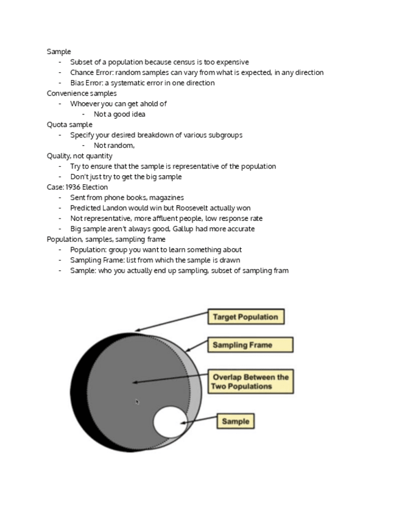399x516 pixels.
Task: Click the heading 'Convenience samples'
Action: (82, 93)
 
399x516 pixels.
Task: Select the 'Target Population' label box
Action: (245, 317)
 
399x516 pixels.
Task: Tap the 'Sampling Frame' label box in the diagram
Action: (250, 345)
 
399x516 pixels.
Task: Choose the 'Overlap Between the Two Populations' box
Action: (250, 382)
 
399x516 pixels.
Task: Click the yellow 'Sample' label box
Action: (235, 421)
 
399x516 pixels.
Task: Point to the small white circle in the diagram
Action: (170, 423)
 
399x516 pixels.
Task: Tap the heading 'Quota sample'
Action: (69, 125)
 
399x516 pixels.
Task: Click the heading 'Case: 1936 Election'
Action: (77, 187)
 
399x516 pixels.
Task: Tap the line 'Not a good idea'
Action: (119, 114)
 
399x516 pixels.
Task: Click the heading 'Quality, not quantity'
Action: (79, 156)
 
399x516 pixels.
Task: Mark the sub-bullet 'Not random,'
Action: (114, 145)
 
